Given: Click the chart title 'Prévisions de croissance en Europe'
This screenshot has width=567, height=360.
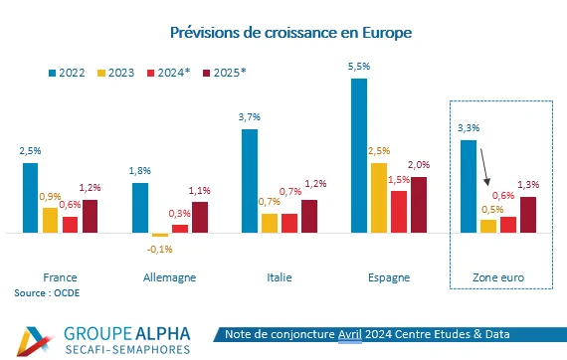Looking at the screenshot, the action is click(291, 33).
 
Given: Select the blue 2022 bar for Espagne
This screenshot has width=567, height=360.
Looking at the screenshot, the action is click(359, 155).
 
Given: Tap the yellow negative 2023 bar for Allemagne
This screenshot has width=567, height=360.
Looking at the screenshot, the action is click(160, 235).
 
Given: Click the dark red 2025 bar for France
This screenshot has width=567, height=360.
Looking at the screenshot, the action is click(91, 216).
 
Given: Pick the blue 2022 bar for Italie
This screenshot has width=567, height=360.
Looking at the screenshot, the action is click(250, 181).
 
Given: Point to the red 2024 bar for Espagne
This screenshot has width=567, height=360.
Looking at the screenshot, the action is click(399, 212).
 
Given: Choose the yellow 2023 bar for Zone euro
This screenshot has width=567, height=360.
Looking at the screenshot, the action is click(488, 226).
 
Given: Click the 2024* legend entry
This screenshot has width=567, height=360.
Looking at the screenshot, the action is click(168, 73).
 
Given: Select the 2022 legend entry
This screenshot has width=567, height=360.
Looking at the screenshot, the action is click(67, 73).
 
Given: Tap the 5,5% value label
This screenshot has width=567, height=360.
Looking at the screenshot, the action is click(359, 67).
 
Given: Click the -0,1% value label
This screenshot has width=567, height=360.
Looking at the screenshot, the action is click(159, 249).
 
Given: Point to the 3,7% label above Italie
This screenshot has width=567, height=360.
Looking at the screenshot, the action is click(249, 117).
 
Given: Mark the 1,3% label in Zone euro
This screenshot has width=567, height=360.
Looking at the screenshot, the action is click(528, 185).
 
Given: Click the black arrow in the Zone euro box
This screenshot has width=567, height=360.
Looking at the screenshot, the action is click(484, 167).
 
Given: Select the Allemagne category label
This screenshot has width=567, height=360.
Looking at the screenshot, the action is click(169, 277).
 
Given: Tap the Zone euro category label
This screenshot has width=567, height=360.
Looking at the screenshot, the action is click(498, 277).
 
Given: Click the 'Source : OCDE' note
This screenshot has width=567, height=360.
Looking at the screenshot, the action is click(47, 292).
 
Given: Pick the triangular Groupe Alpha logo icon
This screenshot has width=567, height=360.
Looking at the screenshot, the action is click(35, 341).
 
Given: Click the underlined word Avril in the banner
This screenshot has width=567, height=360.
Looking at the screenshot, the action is click(350, 334).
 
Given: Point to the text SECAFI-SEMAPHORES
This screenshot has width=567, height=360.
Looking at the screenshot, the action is click(127, 349).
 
